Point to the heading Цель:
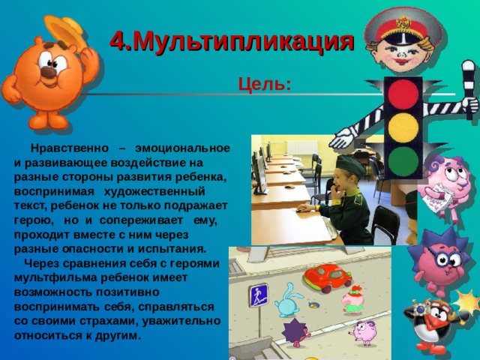point(264,83)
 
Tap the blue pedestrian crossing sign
point(258,295)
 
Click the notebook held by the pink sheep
point(434,197)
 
